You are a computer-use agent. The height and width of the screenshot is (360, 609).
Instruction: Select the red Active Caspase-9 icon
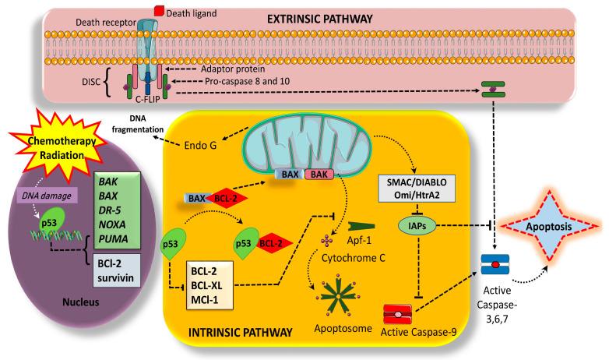(401, 314)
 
